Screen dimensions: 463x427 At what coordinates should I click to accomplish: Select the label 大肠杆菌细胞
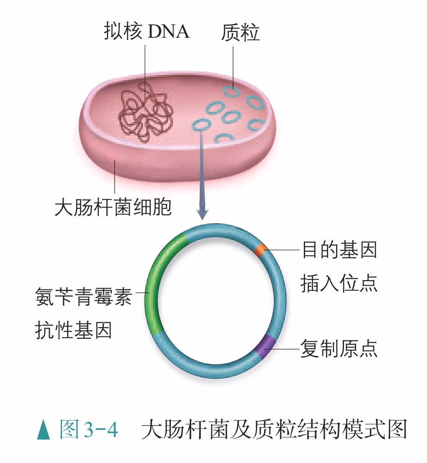(113, 208)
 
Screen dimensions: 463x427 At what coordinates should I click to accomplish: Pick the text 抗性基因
(73, 330)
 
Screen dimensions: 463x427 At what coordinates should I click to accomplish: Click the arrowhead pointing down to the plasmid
(202, 214)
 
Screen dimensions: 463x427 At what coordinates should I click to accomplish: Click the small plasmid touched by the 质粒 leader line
(231, 92)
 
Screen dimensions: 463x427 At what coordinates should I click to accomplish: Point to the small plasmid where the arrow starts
(202, 125)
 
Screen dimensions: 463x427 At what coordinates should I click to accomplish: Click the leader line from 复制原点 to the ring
(285, 349)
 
